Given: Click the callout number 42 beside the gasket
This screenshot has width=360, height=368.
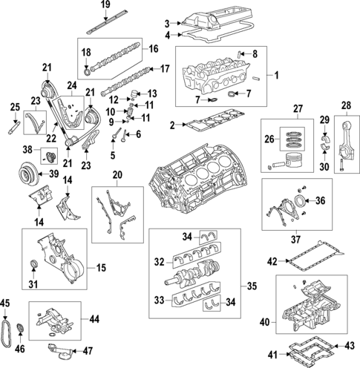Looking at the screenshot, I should click(272, 260).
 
